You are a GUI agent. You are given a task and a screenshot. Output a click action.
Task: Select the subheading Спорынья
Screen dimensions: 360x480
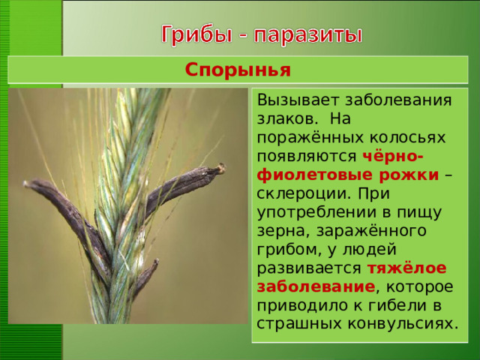(238, 71)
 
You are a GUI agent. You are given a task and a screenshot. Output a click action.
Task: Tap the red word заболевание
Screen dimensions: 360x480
(315, 287)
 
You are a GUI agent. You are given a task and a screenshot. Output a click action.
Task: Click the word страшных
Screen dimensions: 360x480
(293, 324)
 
